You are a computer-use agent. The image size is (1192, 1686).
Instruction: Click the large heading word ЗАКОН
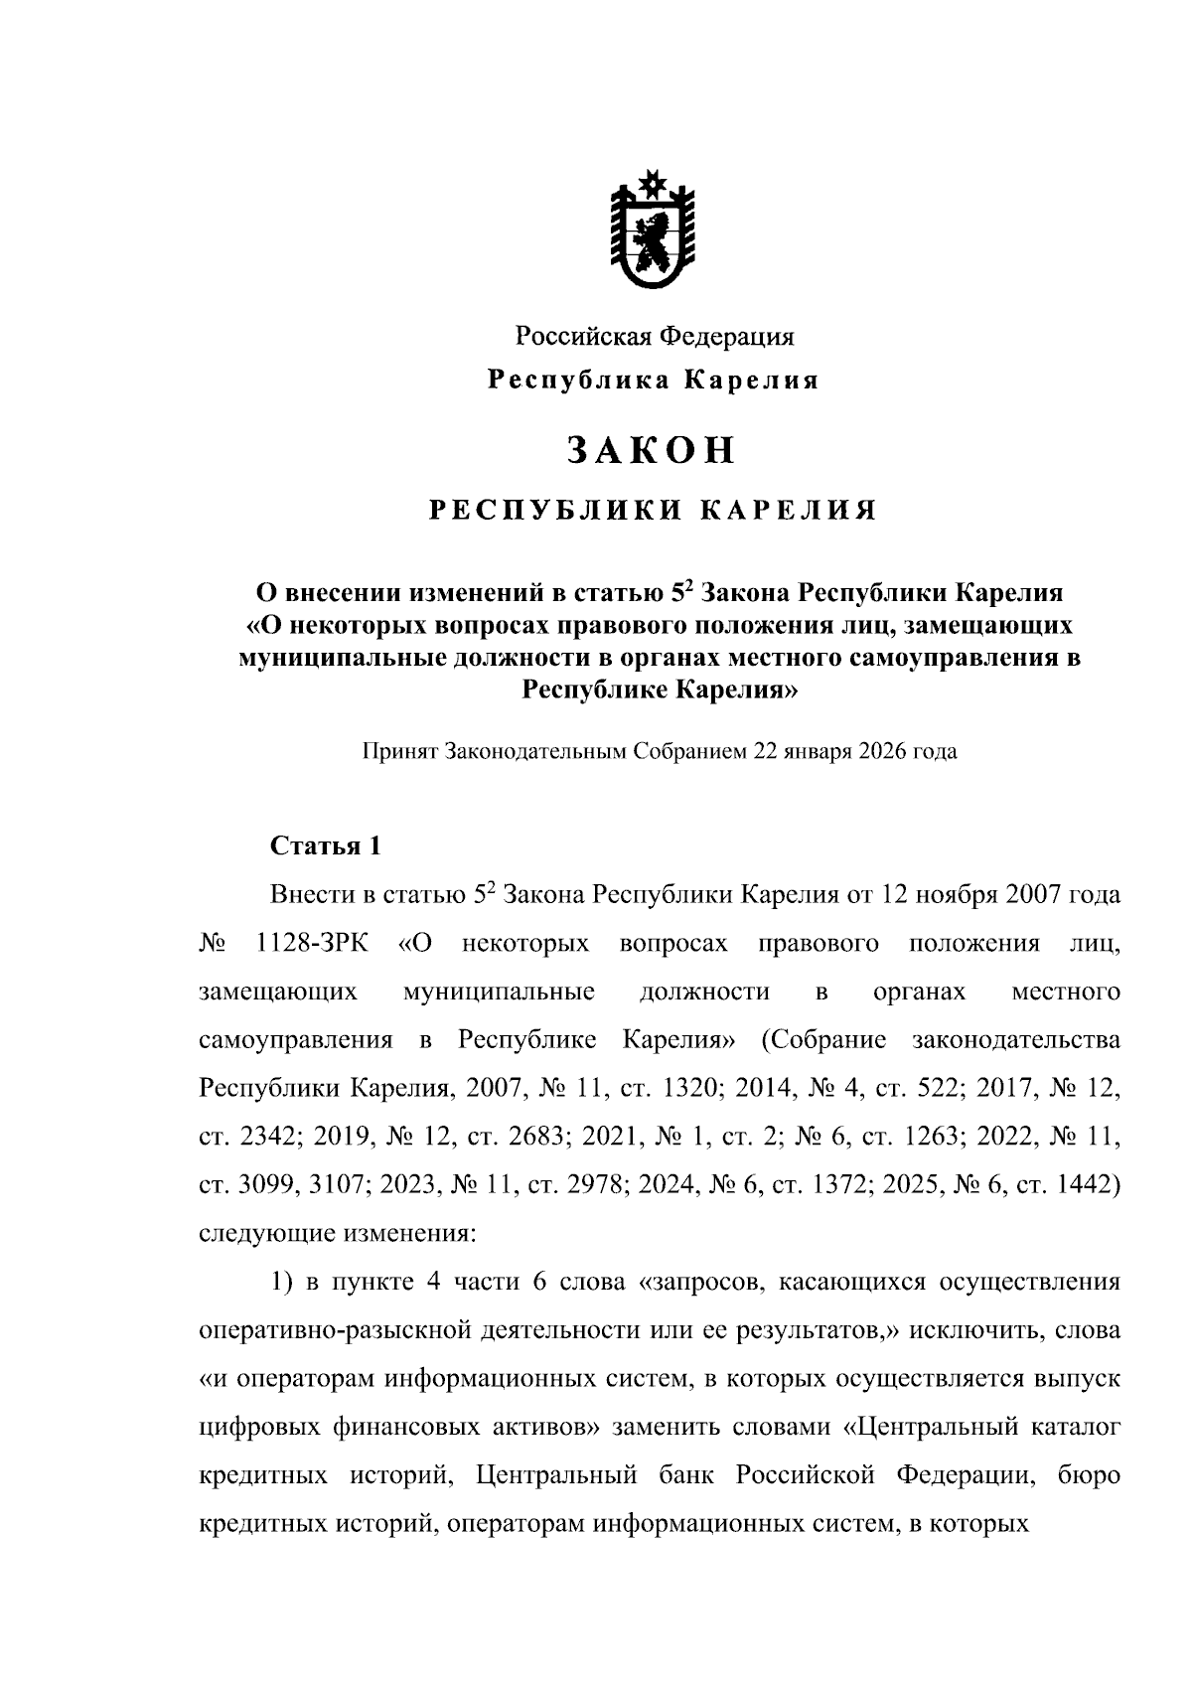click(652, 450)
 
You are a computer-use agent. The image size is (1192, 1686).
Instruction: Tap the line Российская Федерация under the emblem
click(654, 336)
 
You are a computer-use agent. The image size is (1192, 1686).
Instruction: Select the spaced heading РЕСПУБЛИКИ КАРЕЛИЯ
click(652, 511)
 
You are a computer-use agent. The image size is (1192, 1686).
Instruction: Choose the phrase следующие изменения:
click(338, 1234)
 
